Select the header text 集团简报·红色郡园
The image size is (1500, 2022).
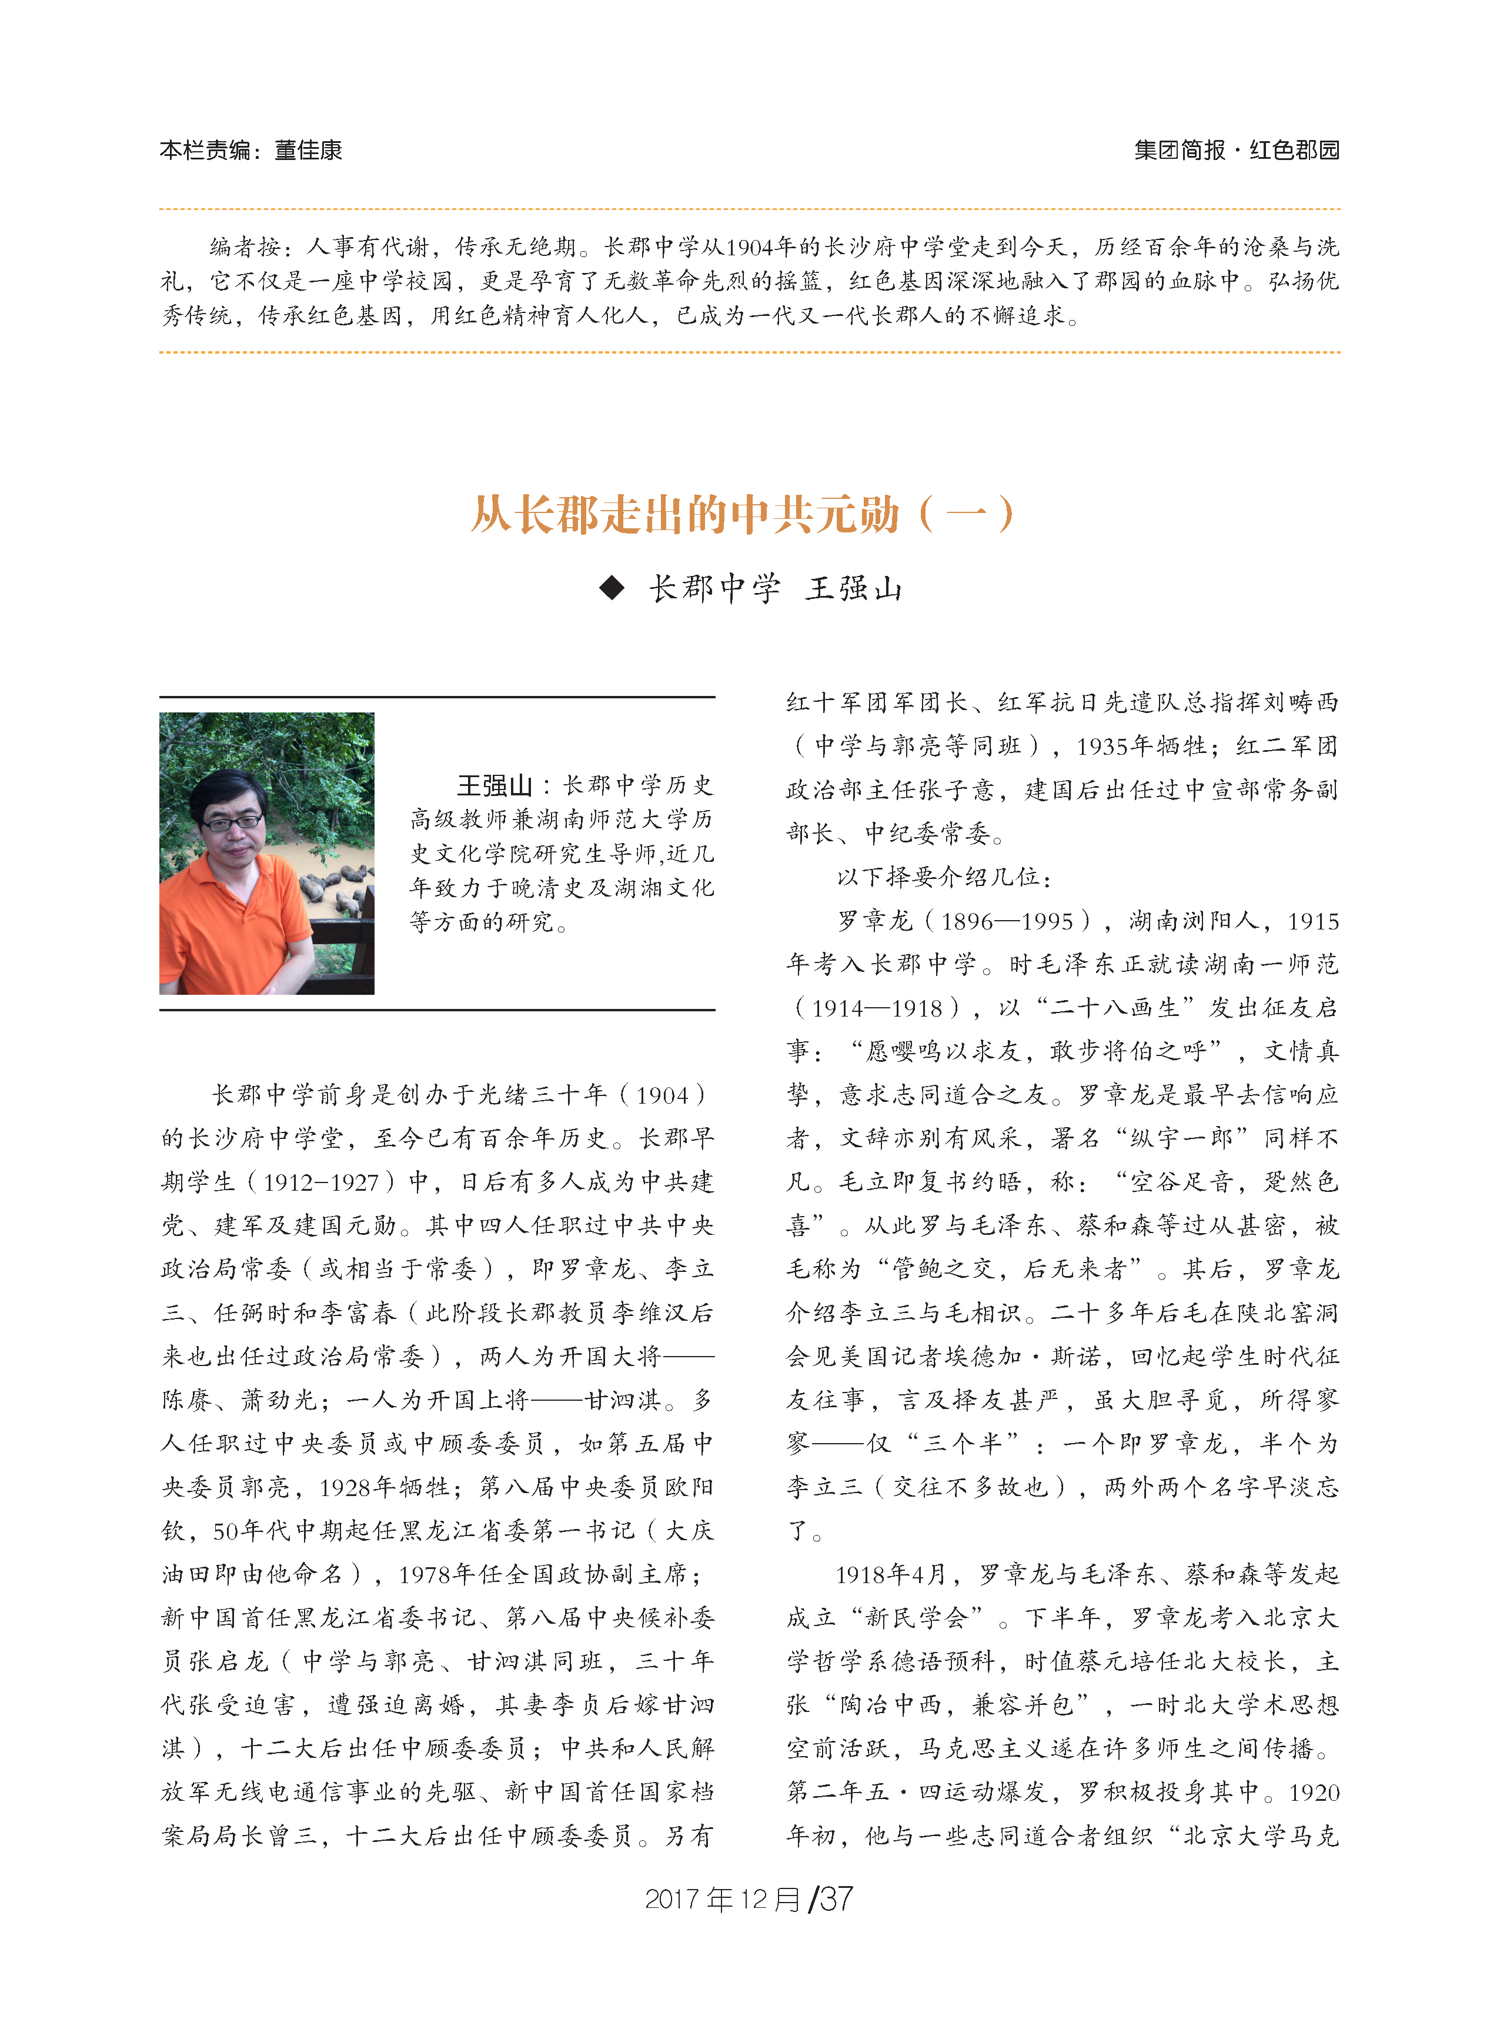click(1236, 150)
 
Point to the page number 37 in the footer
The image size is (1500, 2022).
click(836, 1898)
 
